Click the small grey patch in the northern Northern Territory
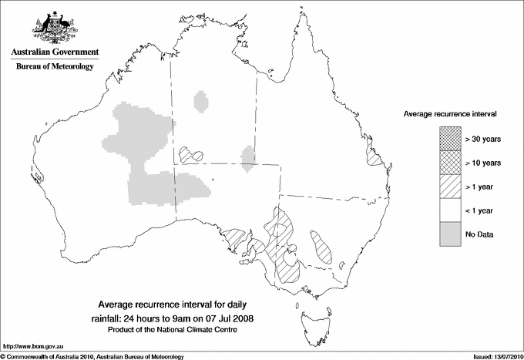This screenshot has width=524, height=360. pos(201,101)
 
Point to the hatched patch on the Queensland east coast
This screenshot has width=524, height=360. pos(376,158)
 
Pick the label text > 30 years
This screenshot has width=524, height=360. pos(482,139)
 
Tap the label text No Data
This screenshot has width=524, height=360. pos(479,234)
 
